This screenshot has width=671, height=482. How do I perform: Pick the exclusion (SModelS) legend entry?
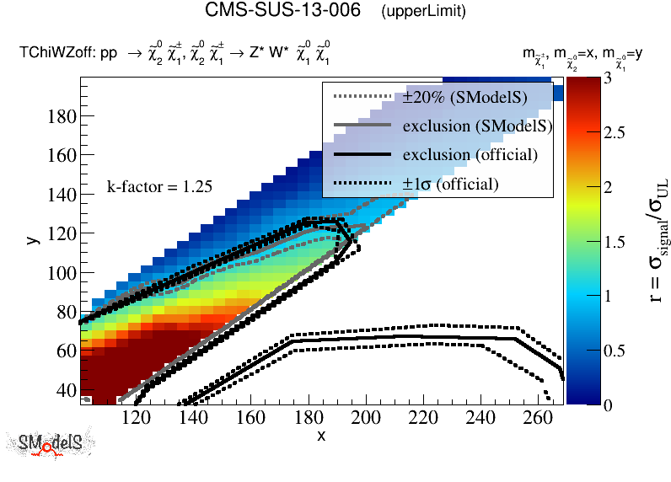pos(477,126)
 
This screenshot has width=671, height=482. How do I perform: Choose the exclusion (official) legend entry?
pos(470,155)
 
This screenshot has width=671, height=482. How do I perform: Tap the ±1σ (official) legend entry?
pos(450,184)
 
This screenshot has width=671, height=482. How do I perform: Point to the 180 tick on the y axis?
pos(63,116)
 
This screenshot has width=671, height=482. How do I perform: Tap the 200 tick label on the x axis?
pos(365,416)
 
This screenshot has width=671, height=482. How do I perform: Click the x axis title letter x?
pos(321,435)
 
